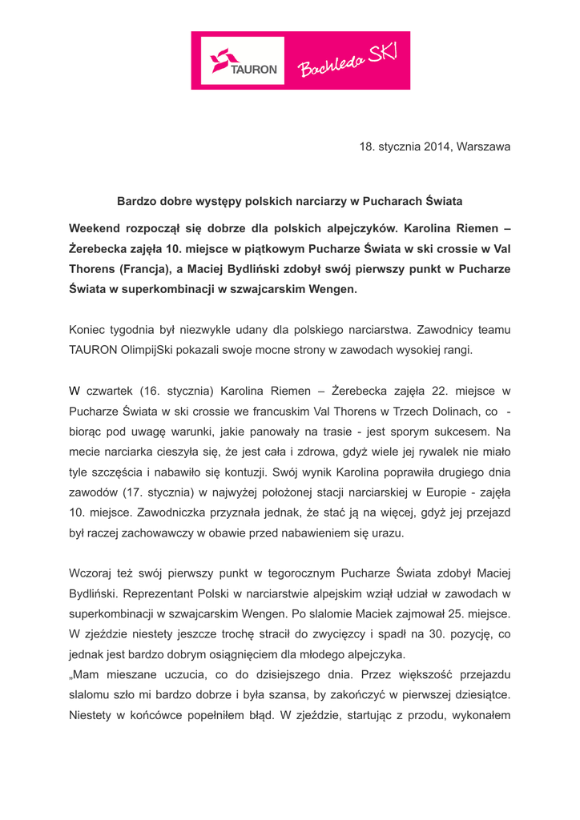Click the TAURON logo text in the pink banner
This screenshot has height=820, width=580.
[254, 69]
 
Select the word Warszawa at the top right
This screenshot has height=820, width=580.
[483, 147]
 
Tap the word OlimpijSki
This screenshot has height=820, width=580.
[159, 349]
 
